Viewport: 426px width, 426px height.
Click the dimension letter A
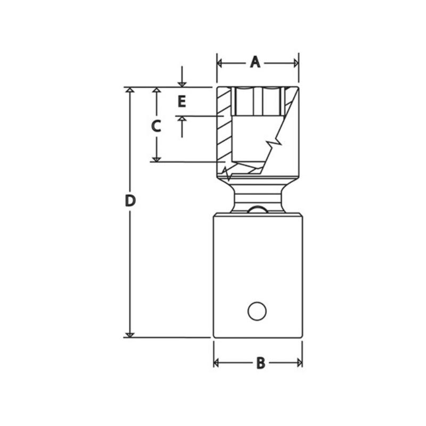[x=255, y=63]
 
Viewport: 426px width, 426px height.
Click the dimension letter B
[x=260, y=363]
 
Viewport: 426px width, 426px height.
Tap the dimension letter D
[x=130, y=201]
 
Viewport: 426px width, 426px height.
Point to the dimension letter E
[x=182, y=101]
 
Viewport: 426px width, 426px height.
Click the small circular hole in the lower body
[x=257, y=311]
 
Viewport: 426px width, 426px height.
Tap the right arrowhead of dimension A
[x=296, y=63]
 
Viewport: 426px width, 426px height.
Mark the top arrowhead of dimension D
[x=129, y=91]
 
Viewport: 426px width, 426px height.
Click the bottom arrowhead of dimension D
[x=129, y=333]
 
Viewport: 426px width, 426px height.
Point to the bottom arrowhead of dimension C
[x=156, y=158]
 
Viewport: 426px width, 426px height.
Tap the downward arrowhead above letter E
[x=182, y=83]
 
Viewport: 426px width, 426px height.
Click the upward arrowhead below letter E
[x=182, y=120]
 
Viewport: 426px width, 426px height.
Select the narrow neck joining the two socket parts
[x=258, y=197]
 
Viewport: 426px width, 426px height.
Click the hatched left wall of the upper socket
[x=225, y=128]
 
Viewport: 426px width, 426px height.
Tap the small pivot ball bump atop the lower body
[x=258, y=210]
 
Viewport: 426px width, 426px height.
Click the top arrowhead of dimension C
[x=156, y=91]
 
